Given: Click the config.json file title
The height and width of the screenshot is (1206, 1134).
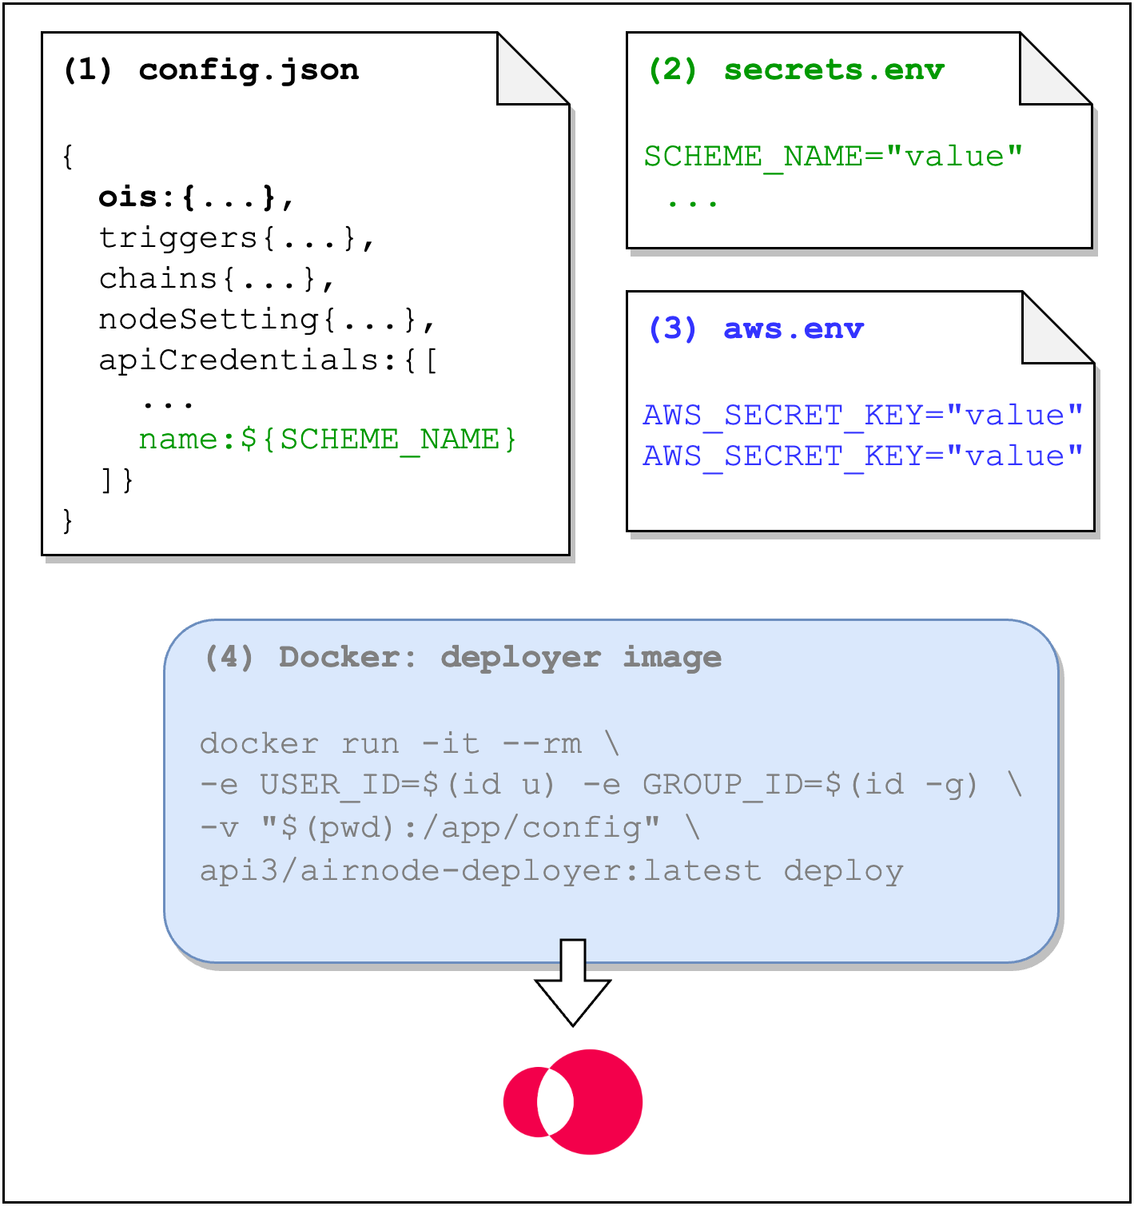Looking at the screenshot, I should coord(249,70).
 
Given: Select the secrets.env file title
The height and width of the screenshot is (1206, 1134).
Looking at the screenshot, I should coord(834,70).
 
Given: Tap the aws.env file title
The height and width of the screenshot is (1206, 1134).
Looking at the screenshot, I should coord(793,329).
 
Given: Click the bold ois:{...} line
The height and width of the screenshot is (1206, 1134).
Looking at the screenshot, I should coord(197,197).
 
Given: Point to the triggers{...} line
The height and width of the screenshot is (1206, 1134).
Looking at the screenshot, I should coord(237,238).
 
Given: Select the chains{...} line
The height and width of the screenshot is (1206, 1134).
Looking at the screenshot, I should coord(217,279).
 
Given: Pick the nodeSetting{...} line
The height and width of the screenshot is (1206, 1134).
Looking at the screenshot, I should coord(267,320).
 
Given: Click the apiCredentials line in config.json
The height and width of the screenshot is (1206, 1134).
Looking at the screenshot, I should coord(267,360).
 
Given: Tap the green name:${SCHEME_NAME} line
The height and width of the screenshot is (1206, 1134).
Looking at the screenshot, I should coord(328,440).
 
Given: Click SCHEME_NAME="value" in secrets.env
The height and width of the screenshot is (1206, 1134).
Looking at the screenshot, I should coord(833,157).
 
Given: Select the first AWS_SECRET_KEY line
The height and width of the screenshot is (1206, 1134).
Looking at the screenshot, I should coord(862,416).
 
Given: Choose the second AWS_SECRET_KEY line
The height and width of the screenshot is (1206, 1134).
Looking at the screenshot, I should coord(862,456).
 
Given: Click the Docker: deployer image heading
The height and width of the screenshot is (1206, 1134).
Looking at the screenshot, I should coord(500,658).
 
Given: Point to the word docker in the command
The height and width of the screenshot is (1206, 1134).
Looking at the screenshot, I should coord(259,744).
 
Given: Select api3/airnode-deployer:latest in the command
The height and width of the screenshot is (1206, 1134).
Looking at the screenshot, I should coord(480,871).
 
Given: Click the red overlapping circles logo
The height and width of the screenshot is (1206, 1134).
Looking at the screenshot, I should coord(573,1101).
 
